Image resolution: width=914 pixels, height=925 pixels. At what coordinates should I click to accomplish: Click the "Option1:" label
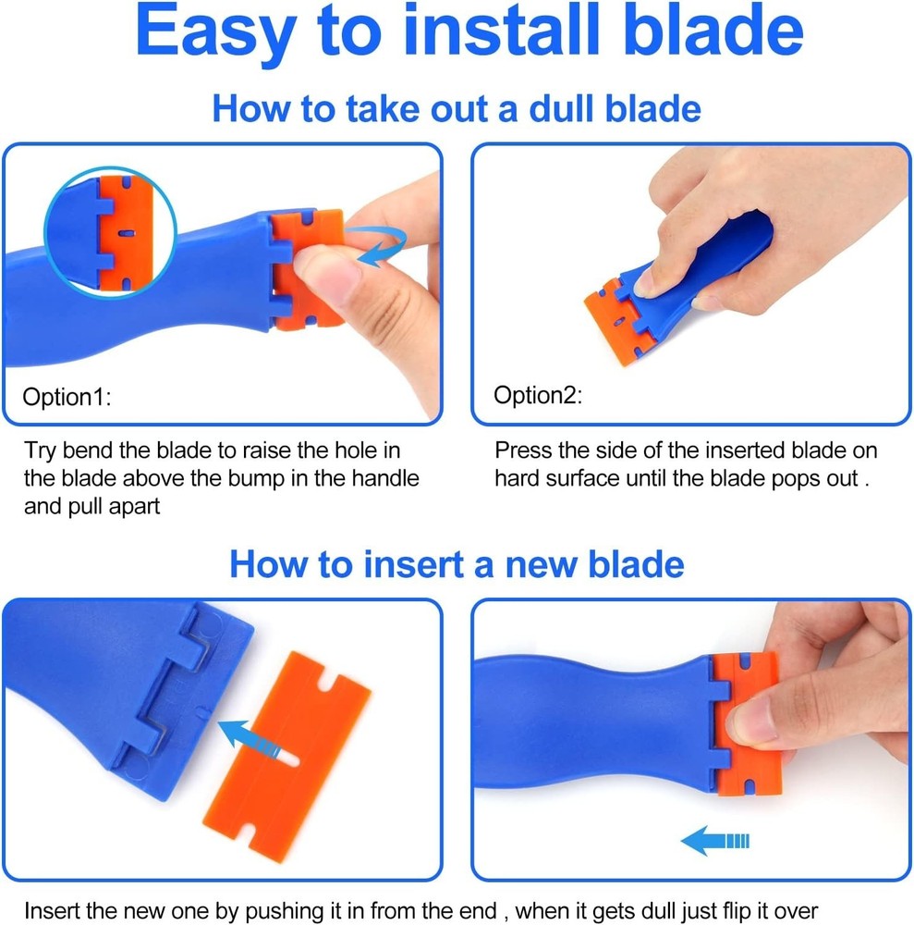click(x=67, y=398)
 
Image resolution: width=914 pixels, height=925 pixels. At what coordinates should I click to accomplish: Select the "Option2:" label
click(x=538, y=396)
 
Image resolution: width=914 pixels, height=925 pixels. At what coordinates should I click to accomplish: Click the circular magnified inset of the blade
click(x=109, y=231)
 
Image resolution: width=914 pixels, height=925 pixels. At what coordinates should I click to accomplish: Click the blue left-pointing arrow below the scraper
click(x=713, y=841)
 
